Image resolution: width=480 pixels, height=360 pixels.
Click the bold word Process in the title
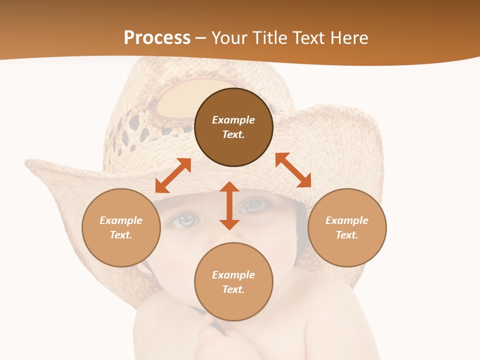click(157, 38)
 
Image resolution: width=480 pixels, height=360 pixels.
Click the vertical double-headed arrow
click(229, 205)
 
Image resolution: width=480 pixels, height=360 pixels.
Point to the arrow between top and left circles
click(173, 175)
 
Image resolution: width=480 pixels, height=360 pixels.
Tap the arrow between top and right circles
click(293, 170)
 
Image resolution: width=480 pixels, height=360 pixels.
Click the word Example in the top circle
click(233, 120)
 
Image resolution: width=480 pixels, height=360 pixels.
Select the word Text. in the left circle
click(121, 235)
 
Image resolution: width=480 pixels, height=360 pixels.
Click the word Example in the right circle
click(347, 220)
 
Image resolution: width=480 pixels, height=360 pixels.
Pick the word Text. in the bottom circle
click(233, 289)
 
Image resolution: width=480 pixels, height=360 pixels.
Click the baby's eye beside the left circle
click(185, 219)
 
